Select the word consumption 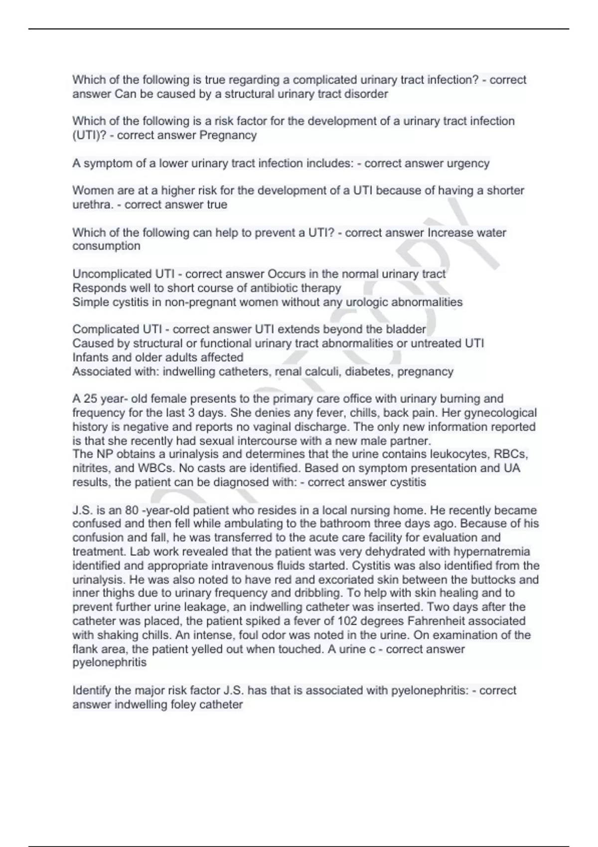click(106, 246)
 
